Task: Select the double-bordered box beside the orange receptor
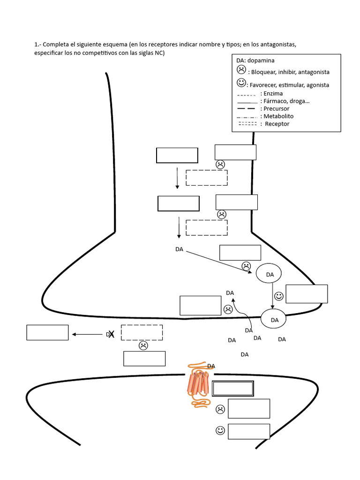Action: point(233,389)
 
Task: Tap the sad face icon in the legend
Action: point(241,70)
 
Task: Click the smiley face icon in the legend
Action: point(241,83)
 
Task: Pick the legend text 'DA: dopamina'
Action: point(255,60)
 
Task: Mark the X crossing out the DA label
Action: point(111,334)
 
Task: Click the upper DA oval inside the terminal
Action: point(269,274)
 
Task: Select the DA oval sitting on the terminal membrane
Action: point(274,320)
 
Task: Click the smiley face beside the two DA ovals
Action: point(279,296)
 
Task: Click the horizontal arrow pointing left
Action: point(88,335)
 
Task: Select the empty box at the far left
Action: point(47,332)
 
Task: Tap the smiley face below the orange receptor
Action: point(220,430)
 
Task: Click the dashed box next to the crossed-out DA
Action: point(142,332)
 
